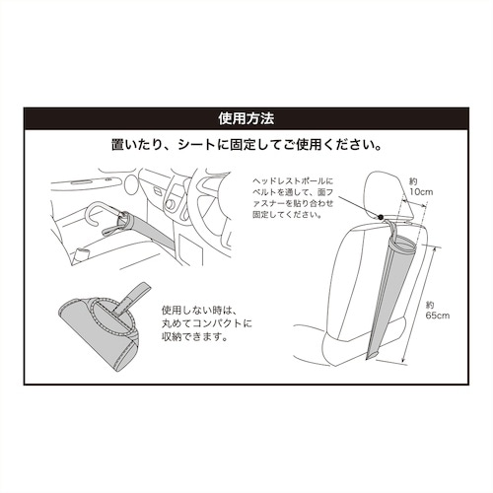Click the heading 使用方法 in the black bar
(x=246, y=119)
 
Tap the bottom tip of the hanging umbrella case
(x=373, y=356)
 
